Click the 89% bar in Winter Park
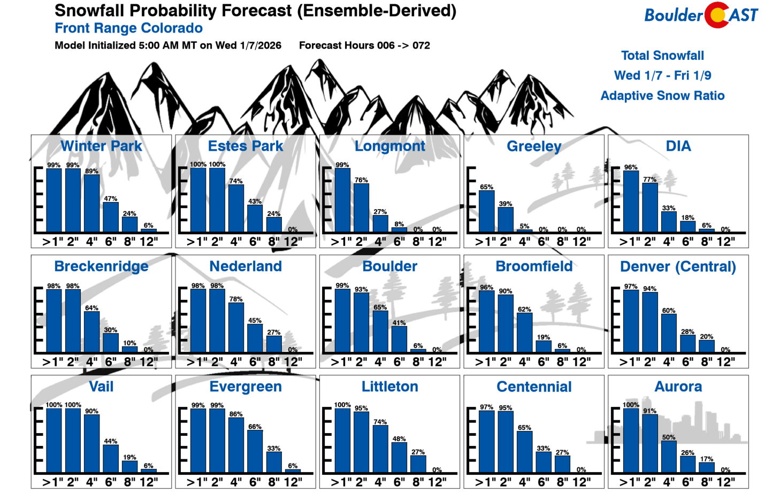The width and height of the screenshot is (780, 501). pos(91,204)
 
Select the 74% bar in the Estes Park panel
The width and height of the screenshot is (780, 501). pos(236,209)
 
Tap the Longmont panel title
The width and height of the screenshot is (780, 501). pos(389,146)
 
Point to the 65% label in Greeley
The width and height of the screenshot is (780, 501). pos(486,187)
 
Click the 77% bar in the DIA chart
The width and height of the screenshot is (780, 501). pos(650,207)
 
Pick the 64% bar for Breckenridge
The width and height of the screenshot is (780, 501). pos(91,332)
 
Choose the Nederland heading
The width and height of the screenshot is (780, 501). pos(246,266)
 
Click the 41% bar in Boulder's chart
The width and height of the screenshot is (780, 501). pos(399,339)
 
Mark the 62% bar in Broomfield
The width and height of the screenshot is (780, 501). pos(524,333)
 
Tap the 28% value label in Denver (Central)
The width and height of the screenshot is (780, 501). pos(687,332)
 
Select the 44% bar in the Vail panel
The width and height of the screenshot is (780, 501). pos(111,459)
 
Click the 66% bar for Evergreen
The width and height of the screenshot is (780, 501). pos(255,451)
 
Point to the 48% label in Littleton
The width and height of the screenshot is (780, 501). pos(399,439)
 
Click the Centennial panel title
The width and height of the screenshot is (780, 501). pos(534,387)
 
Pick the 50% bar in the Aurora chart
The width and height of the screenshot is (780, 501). pos(669,457)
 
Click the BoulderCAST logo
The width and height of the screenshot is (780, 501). pos(701,15)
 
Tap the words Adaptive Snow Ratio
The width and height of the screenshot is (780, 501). pos(662,96)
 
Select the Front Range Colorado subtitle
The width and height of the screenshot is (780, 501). pos(128,28)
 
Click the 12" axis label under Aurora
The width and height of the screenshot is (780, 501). pos(725,482)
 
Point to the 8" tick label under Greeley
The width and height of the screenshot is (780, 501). pos(562,242)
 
